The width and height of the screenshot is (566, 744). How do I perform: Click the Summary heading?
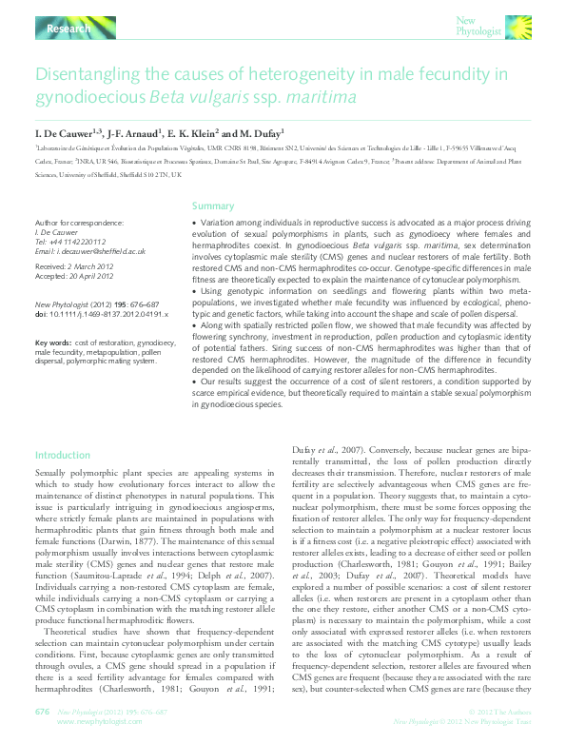tap(213, 206)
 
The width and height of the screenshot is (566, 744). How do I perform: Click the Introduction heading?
tap(62, 456)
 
